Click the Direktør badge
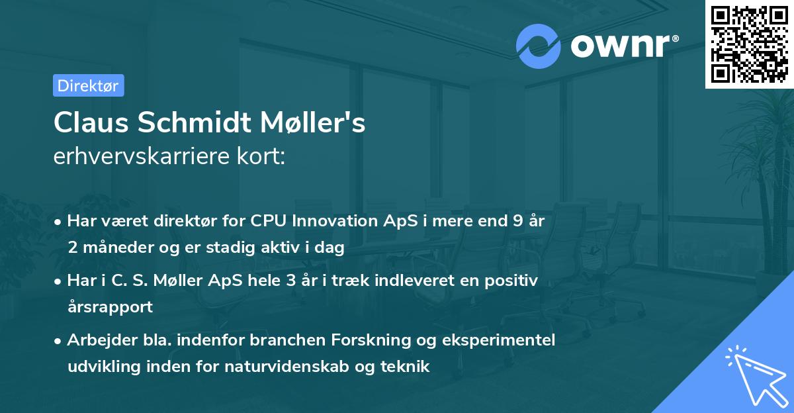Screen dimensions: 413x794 pos(88,85)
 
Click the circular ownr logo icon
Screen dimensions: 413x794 pos(539,46)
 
